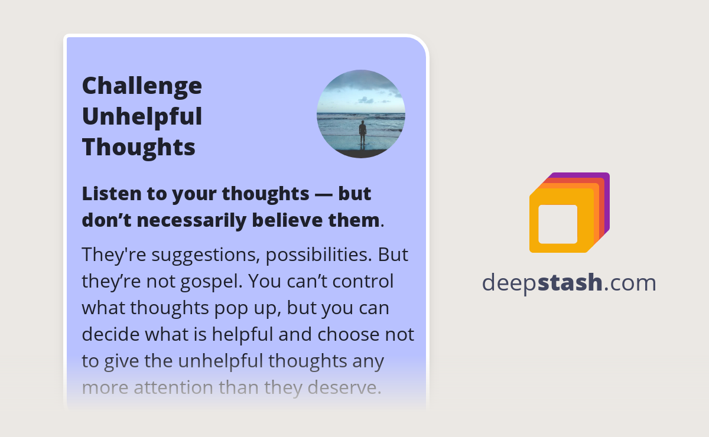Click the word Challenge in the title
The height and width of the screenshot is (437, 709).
pos(142,86)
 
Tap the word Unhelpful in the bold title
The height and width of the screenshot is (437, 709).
pos(142,116)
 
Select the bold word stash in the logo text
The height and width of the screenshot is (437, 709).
pos(570,283)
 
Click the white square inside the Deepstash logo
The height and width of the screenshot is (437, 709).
pos(558,224)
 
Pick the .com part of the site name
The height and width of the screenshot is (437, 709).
pos(630,283)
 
